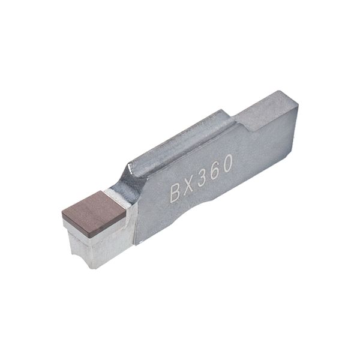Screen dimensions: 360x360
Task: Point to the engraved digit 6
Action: coord(214,170)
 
